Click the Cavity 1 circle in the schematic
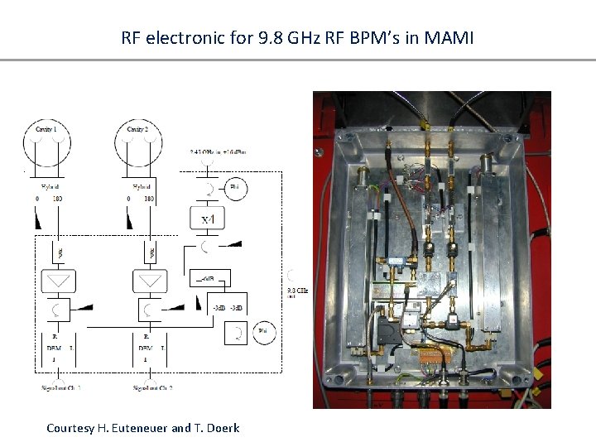(x=46, y=143)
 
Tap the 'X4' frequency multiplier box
(x=205, y=219)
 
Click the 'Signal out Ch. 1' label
(x=60, y=387)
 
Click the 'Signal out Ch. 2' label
(x=153, y=387)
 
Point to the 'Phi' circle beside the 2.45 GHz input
(x=234, y=188)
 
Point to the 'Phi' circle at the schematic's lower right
(x=263, y=332)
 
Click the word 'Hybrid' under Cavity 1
(x=49, y=188)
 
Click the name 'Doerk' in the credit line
(x=221, y=428)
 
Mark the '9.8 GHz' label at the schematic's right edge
(x=296, y=291)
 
